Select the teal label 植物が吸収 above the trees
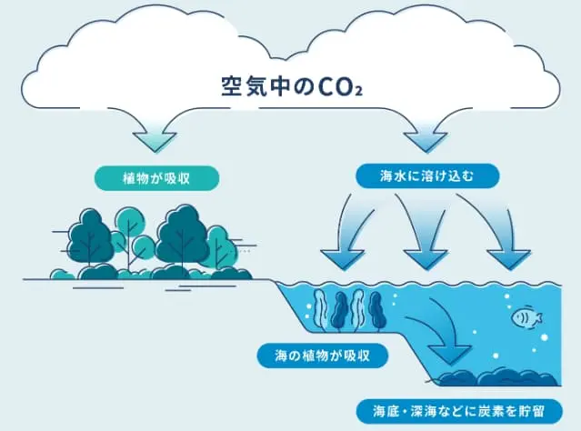click(x=157, y=176)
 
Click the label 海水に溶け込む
click(x=426, y=175)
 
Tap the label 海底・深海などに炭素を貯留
click(x=462, y=408)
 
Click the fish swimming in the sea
click(x=526, y=317)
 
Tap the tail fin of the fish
click(x=538, y=317)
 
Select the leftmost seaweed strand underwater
click(x=323, y=313)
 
